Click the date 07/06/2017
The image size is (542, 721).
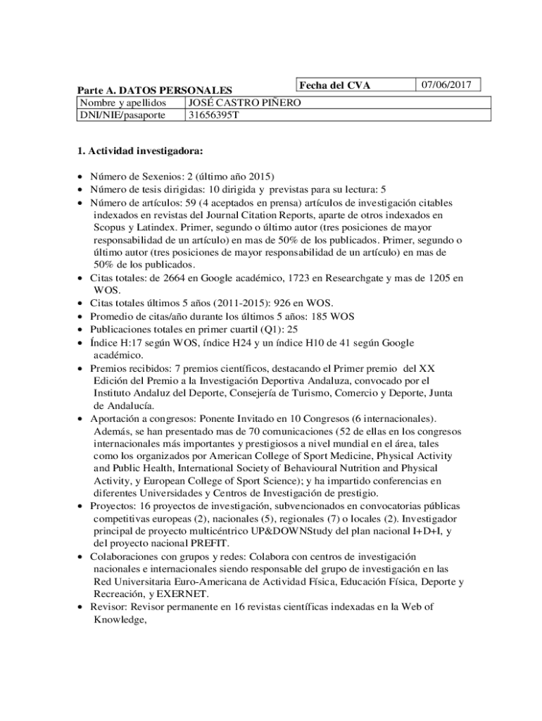point(446,85)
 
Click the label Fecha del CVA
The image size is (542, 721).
point(334,86)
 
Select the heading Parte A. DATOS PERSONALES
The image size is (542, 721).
point(154,91)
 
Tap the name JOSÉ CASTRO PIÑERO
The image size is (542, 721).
point(244,104)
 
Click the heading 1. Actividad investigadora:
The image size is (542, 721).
point(140,151)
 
